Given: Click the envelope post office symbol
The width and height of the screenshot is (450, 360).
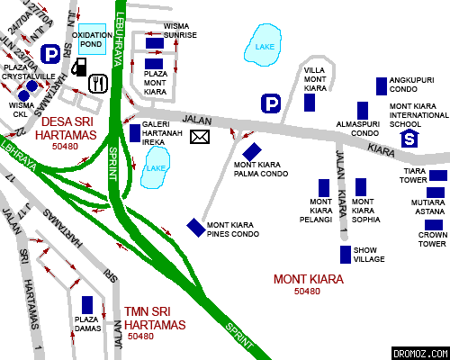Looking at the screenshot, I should (x=199, y=137).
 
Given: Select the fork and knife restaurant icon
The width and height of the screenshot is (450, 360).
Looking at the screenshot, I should (x=98, y=84).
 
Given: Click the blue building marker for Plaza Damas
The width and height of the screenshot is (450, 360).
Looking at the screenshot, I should (x=87, y=305).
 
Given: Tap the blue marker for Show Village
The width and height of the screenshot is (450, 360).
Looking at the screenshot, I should (x=345, y=255).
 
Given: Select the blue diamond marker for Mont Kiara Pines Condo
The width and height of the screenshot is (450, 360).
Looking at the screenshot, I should (x=195, y=226).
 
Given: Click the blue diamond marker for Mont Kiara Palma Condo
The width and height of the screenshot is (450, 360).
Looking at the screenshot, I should (x=253, y=150).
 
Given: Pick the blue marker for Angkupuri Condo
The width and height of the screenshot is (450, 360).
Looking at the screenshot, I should (x=382, y=85).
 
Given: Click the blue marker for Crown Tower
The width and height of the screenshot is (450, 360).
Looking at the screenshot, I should (x=434, y=225).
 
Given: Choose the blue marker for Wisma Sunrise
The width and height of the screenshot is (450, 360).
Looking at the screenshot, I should (x=155, y=42).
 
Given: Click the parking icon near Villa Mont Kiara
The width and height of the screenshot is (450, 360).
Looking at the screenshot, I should (x=269, y=104).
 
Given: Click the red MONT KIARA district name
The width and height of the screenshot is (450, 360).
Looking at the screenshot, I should (x=308, y=279).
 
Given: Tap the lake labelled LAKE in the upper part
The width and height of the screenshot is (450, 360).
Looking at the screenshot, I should (x=264, y=49).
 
